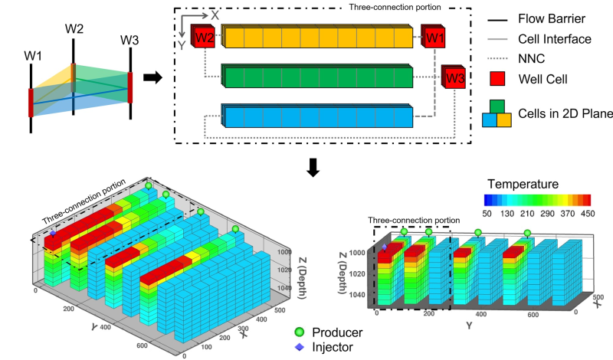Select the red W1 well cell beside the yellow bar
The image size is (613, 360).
[x=434, y=36]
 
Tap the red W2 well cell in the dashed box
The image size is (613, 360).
[x=203, y=35]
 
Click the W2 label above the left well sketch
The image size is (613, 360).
[x=74, y=29]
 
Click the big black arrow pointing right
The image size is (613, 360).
[x=153, y=77]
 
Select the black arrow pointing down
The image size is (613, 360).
[x=313, y=168]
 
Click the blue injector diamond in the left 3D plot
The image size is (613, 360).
[x=53, y=231]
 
